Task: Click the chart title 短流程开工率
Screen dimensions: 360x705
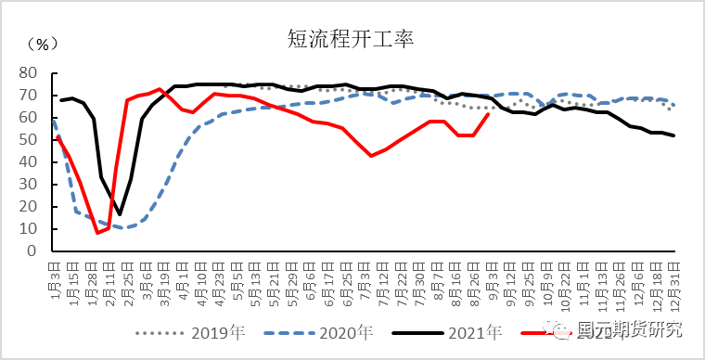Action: [x=351, y=39]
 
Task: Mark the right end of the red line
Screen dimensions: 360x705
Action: [x=490, y=114]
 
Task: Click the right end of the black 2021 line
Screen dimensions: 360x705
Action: [x=674, y=135]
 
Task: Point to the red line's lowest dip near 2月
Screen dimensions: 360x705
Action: [x=97, y=232]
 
